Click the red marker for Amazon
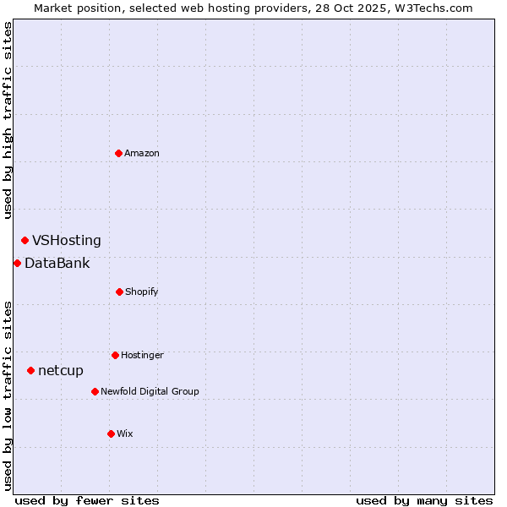[x=118, y=153]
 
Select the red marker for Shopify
[x=119, y=292]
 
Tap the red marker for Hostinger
[x=115, y=355]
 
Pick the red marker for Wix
[x=111, y=433]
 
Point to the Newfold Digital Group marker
[x=95, y=391]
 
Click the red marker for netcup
[x=30, y=370]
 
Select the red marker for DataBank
[x=17, y=263]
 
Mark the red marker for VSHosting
[x=25, y=240]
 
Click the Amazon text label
[x=142, y=153]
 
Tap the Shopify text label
[x=142, y=292]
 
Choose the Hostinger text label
[x=142, y=355]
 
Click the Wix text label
[x=125, y=433]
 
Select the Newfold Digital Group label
[x=150, y=391]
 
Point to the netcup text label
[x=61, y=370]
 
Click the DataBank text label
[x=57, y=263]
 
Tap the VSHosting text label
[x=67, y=240]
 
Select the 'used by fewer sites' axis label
[x=86, y=500]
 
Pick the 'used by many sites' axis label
[x=424, y=500]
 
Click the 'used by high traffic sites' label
[x=8, y=120]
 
